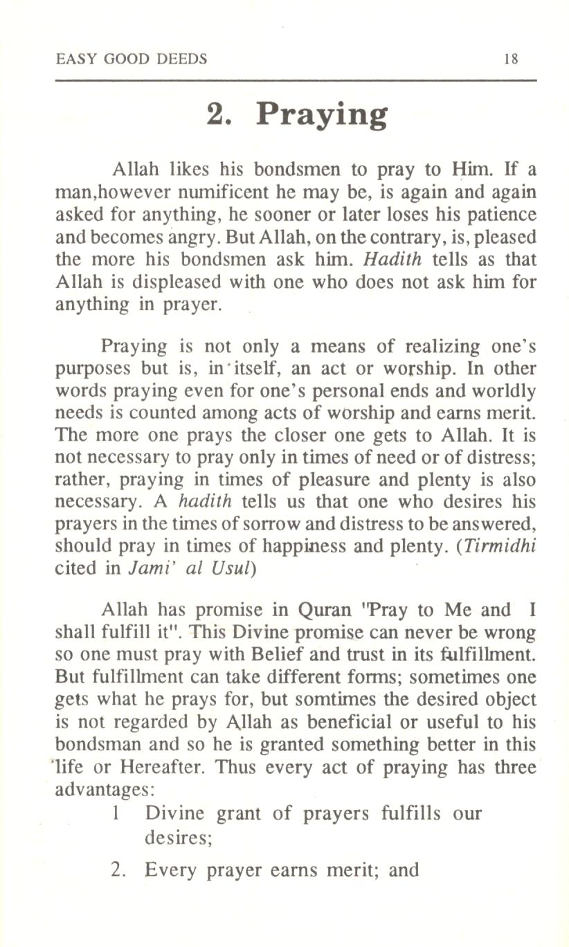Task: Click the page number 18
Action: [511, 59]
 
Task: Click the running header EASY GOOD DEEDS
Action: [131, 59]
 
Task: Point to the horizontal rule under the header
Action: [296, 82]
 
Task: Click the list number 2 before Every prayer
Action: [119, 869]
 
